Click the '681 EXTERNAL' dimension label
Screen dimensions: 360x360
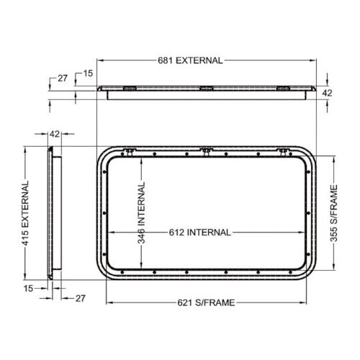point(189,61)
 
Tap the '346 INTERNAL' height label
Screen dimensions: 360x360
point(142,213)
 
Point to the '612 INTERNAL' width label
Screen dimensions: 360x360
point(201,233)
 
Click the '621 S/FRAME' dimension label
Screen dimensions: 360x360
point(207,302)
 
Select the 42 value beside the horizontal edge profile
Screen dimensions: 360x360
point(326,93)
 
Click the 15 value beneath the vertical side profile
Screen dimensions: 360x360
point(28,288)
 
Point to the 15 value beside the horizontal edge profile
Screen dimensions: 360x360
point(87,73)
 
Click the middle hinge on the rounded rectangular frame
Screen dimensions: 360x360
point(207,150)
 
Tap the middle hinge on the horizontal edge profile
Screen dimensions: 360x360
point(207,89)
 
